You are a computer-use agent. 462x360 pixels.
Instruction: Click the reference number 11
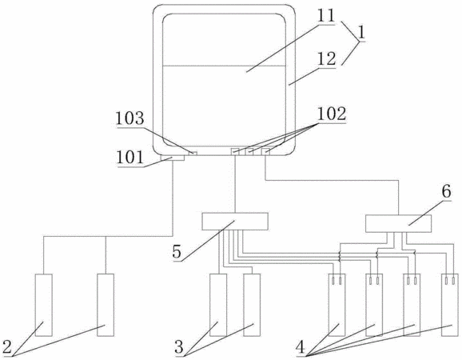(x=326, y=16)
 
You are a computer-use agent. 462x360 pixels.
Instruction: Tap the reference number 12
(x=326, y=58)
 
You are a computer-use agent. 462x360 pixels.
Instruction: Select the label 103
(x=129, y=118)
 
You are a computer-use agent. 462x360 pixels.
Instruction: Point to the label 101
(x=130, y=157)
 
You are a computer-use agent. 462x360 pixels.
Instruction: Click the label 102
(x=331, y=114)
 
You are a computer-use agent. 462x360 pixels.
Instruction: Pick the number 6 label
(x=446, y=192)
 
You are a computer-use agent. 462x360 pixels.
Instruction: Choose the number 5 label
(x=177, y=251)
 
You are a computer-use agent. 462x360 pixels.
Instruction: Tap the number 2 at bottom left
(x=6, y=347)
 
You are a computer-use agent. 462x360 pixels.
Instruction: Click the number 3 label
(x=179, y=347)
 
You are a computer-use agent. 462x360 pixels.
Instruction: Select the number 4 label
(x=301, y=347)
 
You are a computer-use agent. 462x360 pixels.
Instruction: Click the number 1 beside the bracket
(x=361, y=33)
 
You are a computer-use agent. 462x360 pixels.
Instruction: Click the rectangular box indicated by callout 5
(x=235, y=221)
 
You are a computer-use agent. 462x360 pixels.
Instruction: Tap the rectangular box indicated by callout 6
(x=398, y=223)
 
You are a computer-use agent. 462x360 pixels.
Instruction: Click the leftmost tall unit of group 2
(x=44, y=305)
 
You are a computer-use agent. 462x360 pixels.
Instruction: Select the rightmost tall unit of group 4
(x=450, y=305)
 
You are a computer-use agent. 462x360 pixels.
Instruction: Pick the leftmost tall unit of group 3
(x=218, y=305)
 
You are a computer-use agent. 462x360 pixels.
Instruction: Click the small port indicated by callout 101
(x=173, y=158)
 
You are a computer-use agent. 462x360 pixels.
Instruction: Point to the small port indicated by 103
(x=193, y=154)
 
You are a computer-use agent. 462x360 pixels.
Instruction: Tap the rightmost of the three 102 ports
(x=265, y=151)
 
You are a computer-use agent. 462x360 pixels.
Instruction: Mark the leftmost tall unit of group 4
(x=337, y=305)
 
